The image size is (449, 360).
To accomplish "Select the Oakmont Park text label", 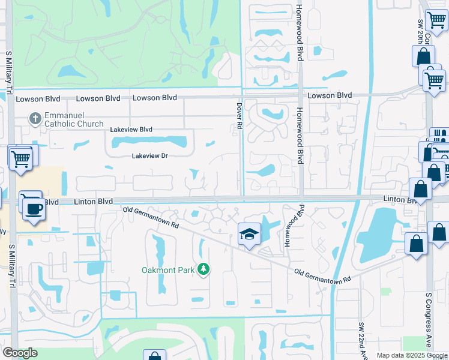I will pyautogui.click(x=168, y=270).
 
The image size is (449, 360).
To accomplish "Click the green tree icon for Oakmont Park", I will pyautogui.click(x=204, y=269).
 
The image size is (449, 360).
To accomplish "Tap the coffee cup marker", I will pyautogui.click(x=32, y=208).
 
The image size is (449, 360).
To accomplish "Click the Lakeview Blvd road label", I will pyautogui.click(x=131, y=130).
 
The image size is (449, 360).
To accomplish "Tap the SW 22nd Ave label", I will pyautogui.click(x=362, y=335).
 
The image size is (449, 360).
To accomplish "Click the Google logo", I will pyautogui.click(x=20, y=353).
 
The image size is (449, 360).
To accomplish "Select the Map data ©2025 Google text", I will pyautogui.click(x=412, y=355).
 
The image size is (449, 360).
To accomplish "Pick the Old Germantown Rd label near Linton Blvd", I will pyautogui.click(x=151, y=217).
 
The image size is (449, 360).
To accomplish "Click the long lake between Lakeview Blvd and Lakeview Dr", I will pyautogui.click(x=148, y=142).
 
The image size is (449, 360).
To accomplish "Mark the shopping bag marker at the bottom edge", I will pyautogui.click(x=154, y=356).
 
